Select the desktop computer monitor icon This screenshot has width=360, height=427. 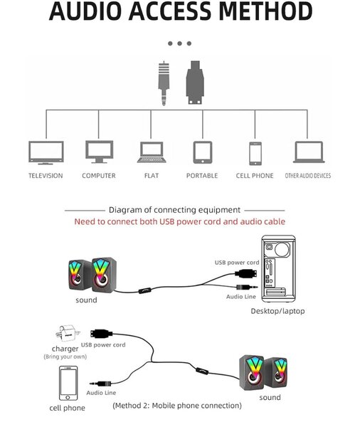click(98, 152)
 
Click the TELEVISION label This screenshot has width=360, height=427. click(46, 176)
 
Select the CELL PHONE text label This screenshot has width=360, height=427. click(255, 176)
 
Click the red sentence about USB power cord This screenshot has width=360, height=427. click(180, 222)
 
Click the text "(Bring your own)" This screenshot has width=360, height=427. click(65, 356)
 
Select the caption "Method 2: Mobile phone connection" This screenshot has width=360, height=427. click(177, 405)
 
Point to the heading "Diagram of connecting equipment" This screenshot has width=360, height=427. click(174, 210)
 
